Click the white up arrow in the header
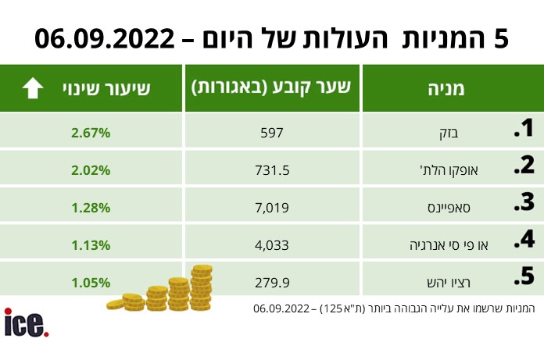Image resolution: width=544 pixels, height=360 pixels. [33, 88]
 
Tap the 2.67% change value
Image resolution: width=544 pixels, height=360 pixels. [91, 133]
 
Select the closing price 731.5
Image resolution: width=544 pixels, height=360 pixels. [272, 170]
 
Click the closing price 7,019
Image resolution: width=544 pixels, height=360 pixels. [272, 208]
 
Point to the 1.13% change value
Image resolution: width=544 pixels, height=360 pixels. [91, 245]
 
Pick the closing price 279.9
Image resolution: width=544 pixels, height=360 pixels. [272, 283]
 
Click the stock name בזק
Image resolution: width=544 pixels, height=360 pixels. [449, 134]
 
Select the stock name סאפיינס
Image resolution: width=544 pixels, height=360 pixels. [449, 208]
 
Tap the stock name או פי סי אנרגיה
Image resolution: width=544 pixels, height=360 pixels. [449, 245]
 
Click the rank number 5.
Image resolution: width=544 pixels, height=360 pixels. [524, 276]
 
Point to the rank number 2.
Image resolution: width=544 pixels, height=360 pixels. [524, 165]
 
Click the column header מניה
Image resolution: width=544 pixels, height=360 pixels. [446, 89]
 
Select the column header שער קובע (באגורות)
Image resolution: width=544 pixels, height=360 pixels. [271, 88]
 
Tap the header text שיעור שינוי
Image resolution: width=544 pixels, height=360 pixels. [106, 89]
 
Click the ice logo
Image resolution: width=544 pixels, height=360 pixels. [27, 323]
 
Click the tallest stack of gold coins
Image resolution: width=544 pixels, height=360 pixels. [202, 287]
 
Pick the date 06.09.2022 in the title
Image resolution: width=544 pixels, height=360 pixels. [105, 38]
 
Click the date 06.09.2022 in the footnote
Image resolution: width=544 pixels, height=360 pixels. [281, 308]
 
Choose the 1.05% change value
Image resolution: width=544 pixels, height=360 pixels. [91, 283]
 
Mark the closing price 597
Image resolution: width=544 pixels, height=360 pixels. [272, 133]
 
